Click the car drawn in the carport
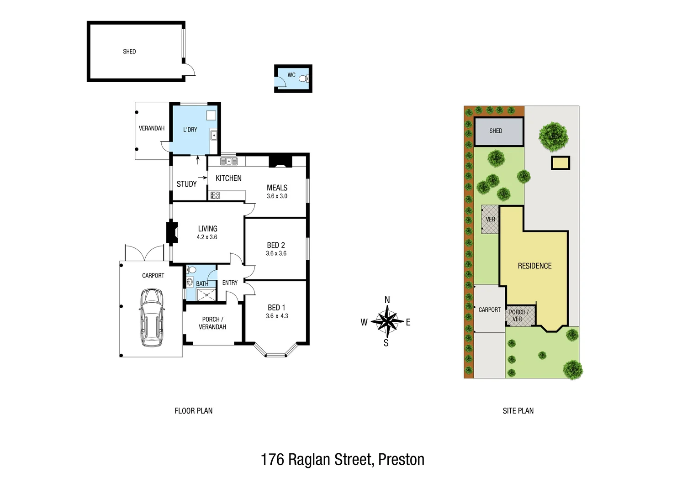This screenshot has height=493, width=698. click(152, 317)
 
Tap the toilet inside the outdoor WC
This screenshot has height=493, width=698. click(302, 79)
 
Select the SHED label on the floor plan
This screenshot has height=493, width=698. click(129, 52)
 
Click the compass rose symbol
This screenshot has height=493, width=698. click(387, 322)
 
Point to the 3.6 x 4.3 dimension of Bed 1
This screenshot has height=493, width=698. click(277, 316)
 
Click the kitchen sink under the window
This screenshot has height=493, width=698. click(229, 161)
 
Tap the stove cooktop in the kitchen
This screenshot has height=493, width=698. click(215, 195)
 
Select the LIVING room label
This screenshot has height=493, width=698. click(207, 229)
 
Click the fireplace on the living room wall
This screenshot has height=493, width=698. click(172, 232)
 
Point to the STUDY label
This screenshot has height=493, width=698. click(186, 184)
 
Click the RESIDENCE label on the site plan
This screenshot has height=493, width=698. click(534, 266)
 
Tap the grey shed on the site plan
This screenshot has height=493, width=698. click(498, 131)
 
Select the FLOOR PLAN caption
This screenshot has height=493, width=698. click(193, 411)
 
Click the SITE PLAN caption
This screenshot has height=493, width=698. click(518, 411)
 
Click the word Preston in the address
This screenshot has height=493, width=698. click(402, 459)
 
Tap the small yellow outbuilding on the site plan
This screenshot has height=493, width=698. click(561, 163)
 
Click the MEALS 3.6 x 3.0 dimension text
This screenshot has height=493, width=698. click(277, 196)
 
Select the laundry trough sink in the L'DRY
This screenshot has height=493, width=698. click(213, 135)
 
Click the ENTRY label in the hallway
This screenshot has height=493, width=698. click(230, 283)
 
